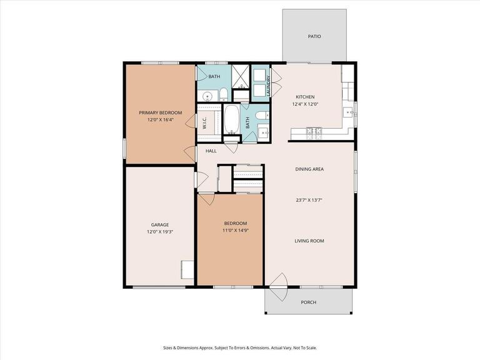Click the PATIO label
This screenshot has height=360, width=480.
(314, 36)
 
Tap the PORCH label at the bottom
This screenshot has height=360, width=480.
(308, 302)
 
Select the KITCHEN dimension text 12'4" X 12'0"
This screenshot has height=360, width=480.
(305, 104)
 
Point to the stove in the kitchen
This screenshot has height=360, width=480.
(313, 131)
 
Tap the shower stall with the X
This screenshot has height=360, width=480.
(241, 77)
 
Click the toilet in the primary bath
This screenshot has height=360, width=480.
(222, 95)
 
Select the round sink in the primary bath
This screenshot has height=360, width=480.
(206, 96)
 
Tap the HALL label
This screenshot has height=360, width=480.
(211, 151)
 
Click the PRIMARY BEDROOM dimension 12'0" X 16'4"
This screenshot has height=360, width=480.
(160, 119)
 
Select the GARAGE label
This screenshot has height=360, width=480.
(159, 224)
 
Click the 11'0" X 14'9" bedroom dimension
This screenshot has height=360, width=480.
(235, 231)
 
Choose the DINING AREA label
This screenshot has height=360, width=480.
(309, 169)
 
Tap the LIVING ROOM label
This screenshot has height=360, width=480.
(309, 241)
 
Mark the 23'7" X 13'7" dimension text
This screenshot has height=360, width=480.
(309, 201)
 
